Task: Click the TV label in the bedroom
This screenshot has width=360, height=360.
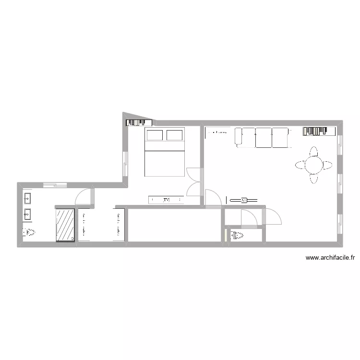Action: coord(167,199)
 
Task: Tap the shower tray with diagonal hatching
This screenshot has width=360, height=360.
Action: coord(66,224)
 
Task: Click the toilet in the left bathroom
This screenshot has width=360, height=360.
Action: coord(28,233)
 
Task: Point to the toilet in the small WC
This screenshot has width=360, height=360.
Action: coord(237,235)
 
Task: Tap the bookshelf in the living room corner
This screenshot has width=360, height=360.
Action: coord(318,131)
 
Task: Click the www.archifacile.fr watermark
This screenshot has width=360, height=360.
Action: coord(330,258)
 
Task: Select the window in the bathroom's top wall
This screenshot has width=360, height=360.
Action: coord(55,184)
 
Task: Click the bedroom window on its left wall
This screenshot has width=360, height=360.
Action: coord(125,164)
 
